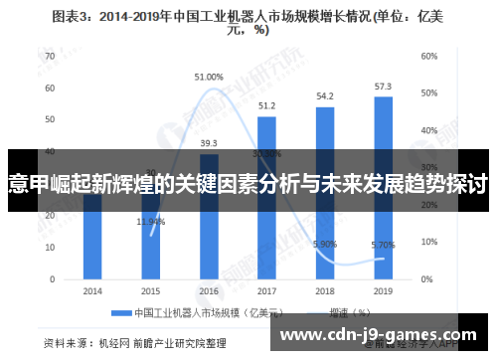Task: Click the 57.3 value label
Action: [x=383, y=87]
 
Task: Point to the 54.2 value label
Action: [x=325, y=96]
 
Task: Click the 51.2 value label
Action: [x=266, y=105]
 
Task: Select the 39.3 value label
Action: [x=209, y=143]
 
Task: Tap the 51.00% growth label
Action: [x=209, y=77]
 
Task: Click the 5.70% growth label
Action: [x=382, y=244]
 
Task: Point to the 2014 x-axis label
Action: [x=92, y=291]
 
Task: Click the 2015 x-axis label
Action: [x=150, y=291]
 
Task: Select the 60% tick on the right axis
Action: [x=429, y=56]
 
